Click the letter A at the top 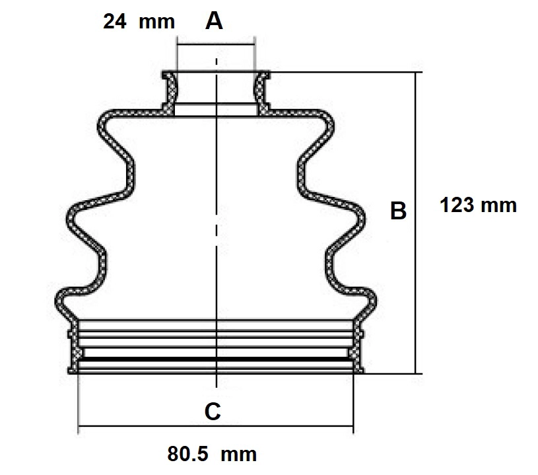tap(214, 21)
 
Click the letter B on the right tap(398, 211)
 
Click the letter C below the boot tap(213, 411)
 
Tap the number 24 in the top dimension tap(115, 21)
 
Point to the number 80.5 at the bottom tap(187, 454)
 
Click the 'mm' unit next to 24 tap(157, 22)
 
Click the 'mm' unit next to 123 tap(498, 206)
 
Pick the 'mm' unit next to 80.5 tap(238, 455)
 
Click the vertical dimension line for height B tap(415, 223)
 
